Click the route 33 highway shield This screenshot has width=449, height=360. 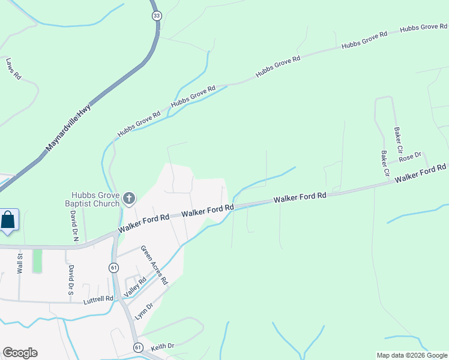[157, 17]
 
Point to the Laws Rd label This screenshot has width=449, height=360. [13, 68]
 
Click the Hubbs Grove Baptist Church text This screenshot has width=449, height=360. [95, 199]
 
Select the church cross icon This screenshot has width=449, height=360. [128, 198]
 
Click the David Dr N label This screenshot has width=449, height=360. [74, 225]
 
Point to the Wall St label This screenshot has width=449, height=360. [20, 263]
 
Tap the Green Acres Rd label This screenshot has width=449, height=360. [154, 265]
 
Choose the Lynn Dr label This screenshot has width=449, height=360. [144, 310]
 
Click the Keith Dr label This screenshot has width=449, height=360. [162, 346]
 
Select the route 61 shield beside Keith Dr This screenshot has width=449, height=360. [137, 347]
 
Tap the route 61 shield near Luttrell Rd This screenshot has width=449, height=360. [113, 268]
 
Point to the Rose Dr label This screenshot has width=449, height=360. [411, 157]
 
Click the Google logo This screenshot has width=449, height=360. [20, 353]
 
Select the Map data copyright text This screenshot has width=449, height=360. [412, 355]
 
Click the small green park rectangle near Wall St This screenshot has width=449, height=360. [38, 260]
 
